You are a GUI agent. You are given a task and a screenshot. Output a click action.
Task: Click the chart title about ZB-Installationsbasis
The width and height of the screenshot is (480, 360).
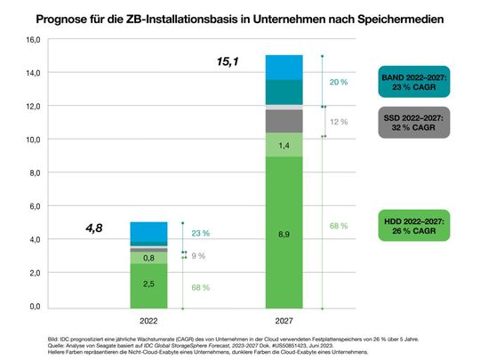tap(240, 17)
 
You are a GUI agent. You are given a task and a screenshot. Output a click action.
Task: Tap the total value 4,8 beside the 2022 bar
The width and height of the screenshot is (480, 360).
tap(95, 228)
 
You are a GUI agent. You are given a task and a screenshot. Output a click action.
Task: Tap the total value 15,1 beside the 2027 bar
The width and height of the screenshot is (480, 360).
tap(230, 62)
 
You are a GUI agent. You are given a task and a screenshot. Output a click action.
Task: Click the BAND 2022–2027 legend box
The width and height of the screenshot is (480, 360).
tap(412, 84)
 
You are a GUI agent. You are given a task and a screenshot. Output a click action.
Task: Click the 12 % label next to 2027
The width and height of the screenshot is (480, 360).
tap(340, 122)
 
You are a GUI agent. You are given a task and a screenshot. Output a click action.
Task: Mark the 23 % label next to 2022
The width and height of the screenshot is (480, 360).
tap(200, 233)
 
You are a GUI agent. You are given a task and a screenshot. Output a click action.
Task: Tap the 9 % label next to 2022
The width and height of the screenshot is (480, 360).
tap(200, 255)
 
